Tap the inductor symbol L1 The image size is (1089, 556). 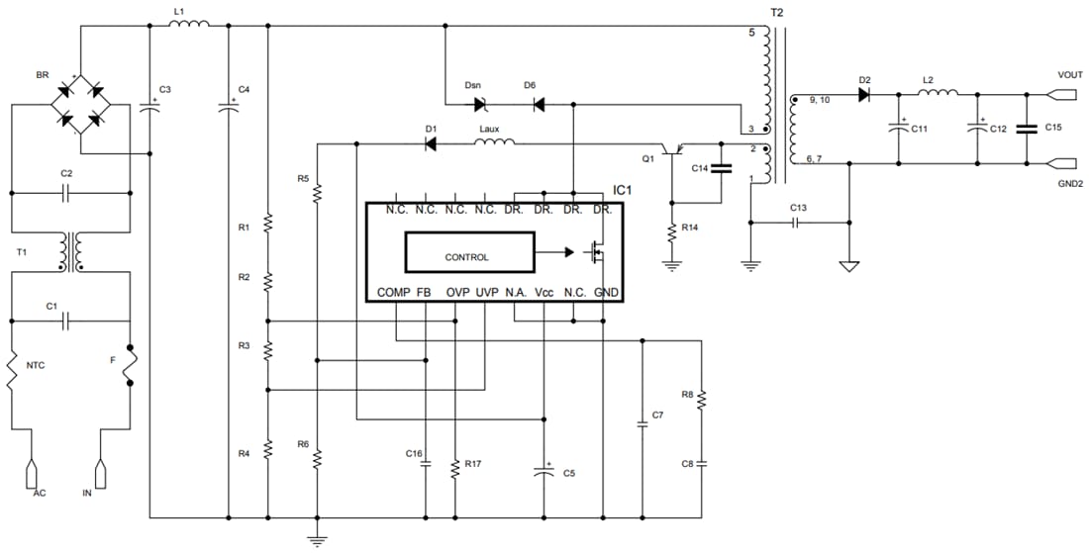[x=188, y=27]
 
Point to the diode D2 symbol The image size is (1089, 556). [x=864, y=94]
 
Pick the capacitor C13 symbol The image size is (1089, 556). [x=798, y=223]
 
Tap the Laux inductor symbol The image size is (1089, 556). [x=494, y=143]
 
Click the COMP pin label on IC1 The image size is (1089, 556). [x=392, y=293]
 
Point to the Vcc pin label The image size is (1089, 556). [x=544, y=293]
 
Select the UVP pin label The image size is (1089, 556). [x=486, y=293]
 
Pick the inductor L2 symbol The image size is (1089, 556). [x=938, y=94]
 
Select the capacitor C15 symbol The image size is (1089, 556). [x=1027, y=128]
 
